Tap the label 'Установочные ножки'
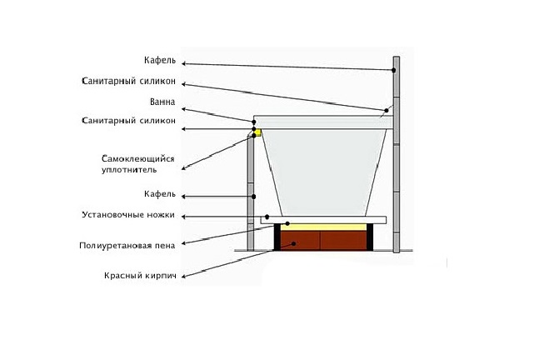point(128,214)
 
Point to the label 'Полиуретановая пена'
point(127,247)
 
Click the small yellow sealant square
point(258,132)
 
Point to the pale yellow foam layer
point(325,226)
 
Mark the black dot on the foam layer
point(287,224)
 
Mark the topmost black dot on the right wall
point(392,72)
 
